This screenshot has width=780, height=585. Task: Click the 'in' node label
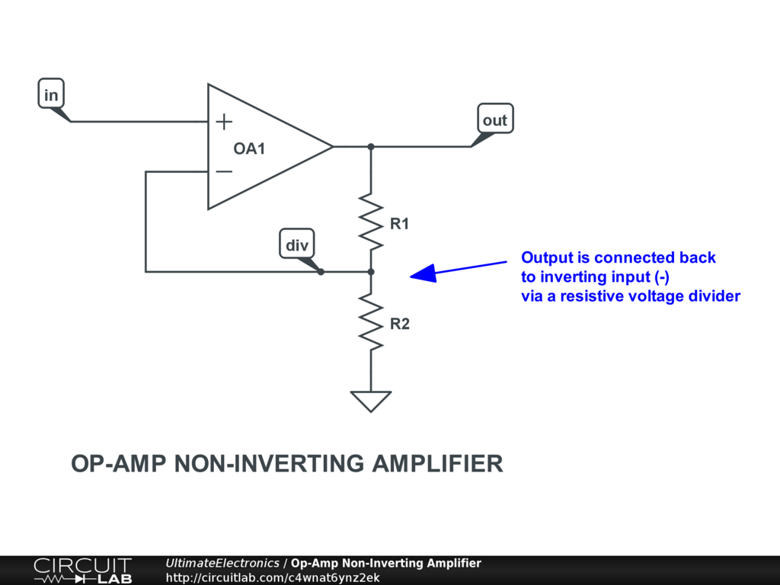[x=51, y=94]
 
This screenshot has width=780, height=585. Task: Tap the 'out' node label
[x=495, y=119]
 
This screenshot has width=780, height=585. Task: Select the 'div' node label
[x=297, y=244]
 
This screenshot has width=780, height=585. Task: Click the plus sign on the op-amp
[x=225, y=121]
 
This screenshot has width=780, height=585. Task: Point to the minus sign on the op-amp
[x=225, y=171]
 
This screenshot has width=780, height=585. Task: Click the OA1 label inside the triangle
[x=249, y=149]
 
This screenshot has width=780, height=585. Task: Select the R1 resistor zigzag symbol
[x=371, y=222]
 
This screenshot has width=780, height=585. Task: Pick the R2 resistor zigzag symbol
[x=371, y=322]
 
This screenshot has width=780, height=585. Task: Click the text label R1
[x=399, y=224]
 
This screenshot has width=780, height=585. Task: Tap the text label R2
[x=399, y=324]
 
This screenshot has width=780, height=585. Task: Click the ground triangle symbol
[x=371, y=401]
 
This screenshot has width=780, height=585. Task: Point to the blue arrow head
[x=424, y=273]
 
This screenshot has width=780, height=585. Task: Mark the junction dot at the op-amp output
[x=371, y=147]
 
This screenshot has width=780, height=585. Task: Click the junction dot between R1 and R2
[x=371, y=272]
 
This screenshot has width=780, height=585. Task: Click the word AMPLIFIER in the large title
[x=437, y=464]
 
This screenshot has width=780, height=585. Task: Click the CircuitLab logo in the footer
[x=83, y=571]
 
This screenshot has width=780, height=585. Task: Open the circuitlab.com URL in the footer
[x=273, y=577]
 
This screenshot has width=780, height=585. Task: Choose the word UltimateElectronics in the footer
[x=222, y=563]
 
